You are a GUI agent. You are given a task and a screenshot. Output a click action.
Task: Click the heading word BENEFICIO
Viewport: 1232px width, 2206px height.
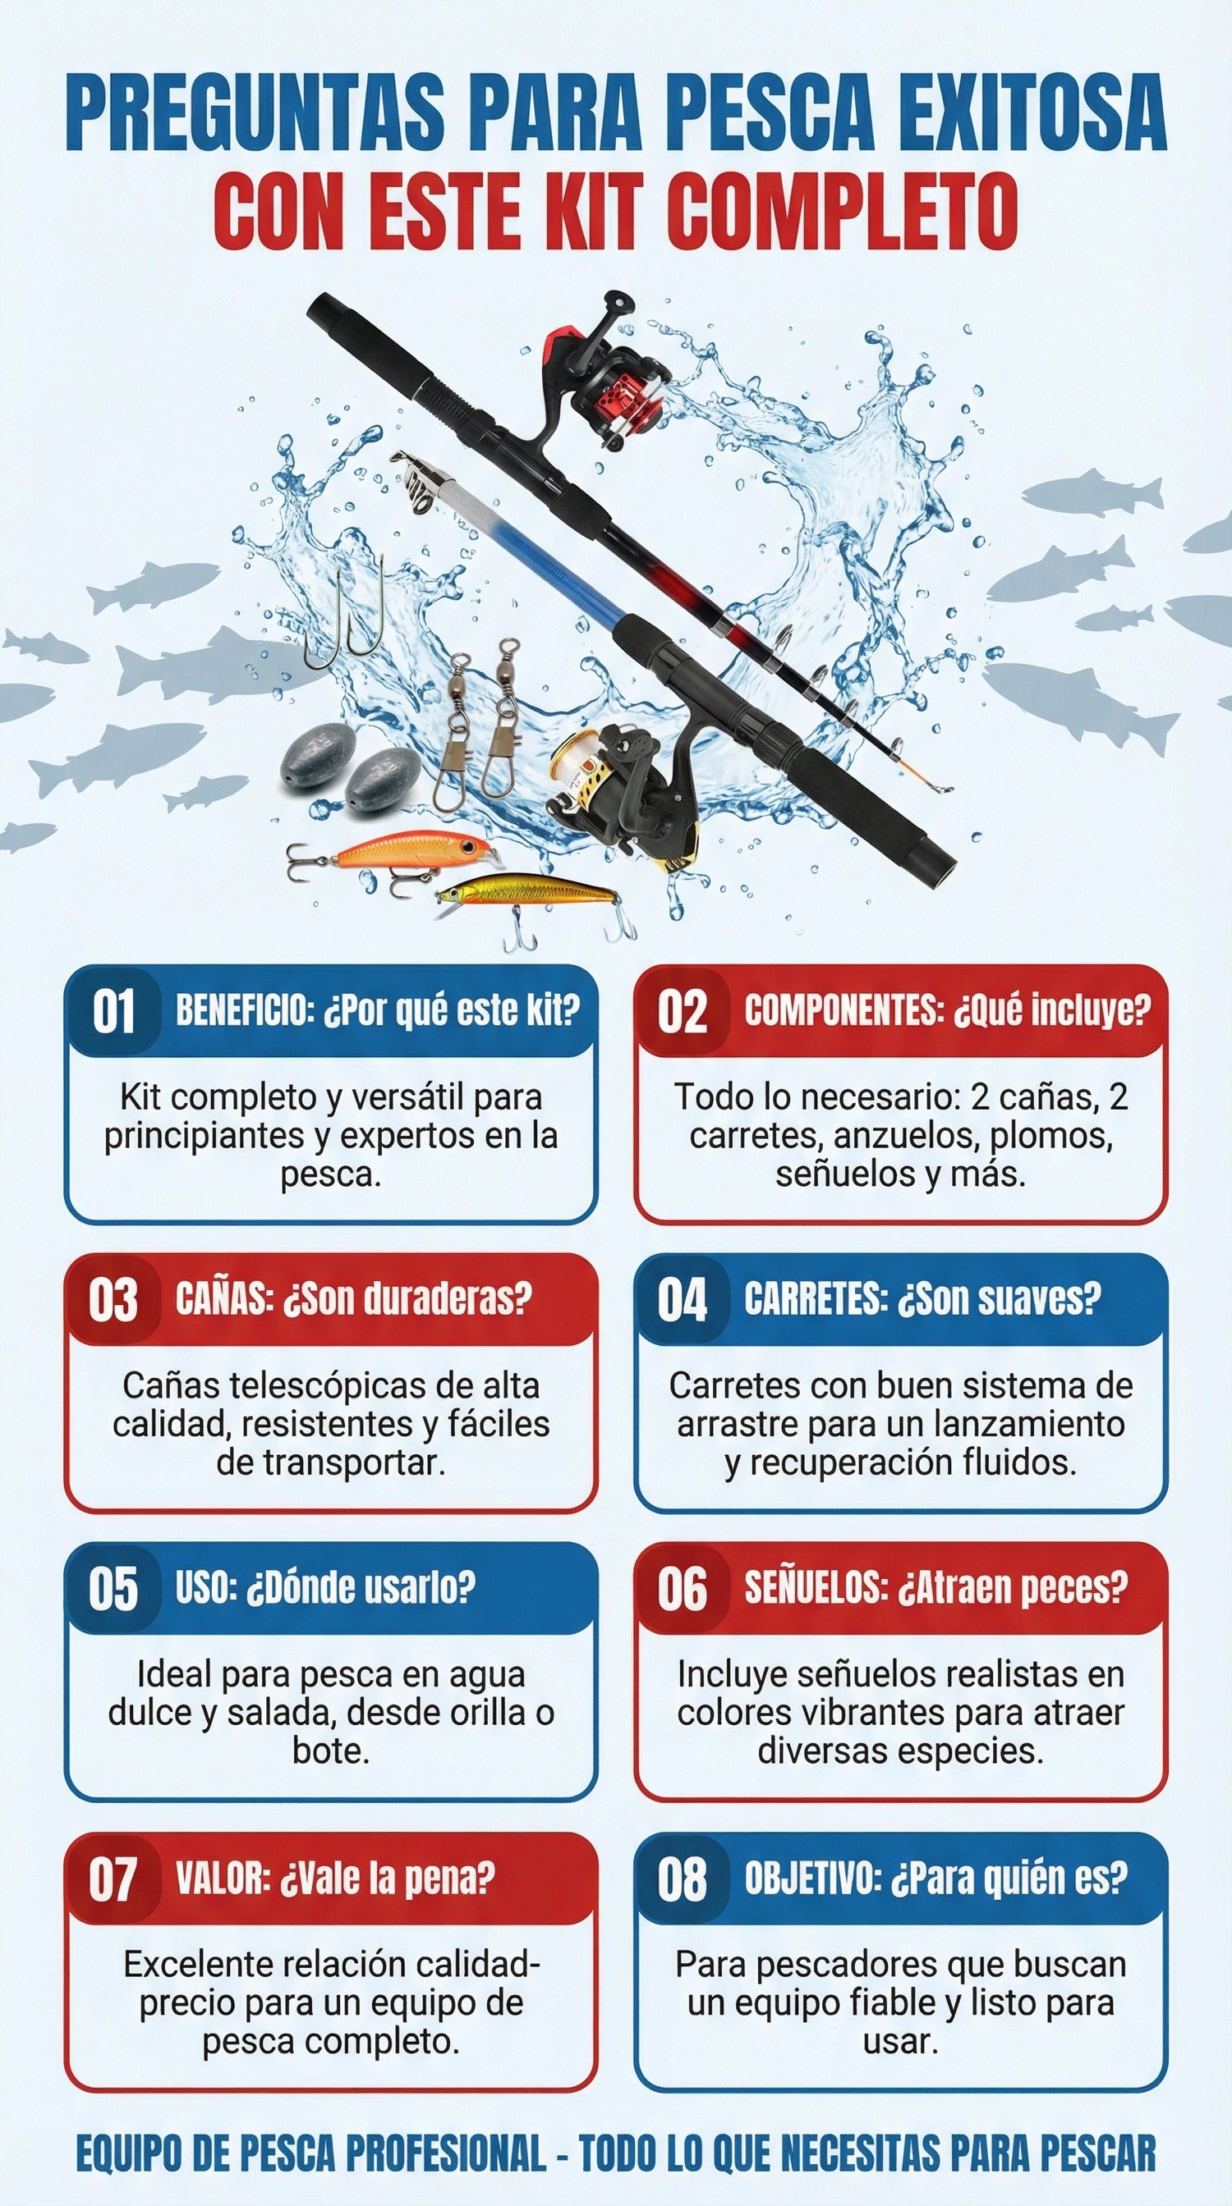coord(241,1011)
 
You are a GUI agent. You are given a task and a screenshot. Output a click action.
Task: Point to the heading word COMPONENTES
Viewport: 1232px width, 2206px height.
coord(841,1011)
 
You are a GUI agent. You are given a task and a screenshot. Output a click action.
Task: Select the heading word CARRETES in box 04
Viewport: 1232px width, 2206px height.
coord(816,1300)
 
